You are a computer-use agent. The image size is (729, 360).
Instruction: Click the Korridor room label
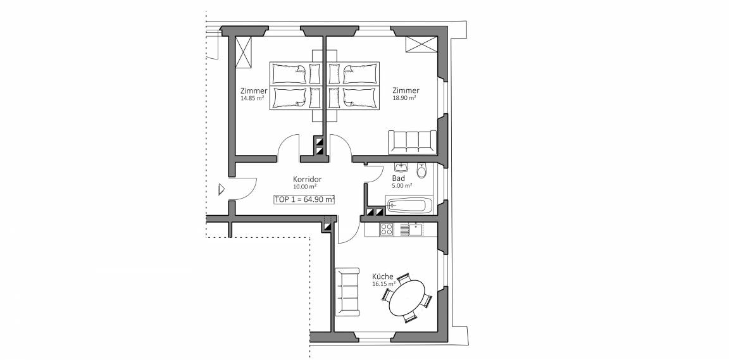tap(308, 179)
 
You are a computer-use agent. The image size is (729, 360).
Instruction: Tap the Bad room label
tap(399, 178)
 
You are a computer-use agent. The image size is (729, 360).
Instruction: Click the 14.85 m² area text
tap(253, 99)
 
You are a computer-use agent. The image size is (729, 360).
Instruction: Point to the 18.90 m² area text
tap(404, 98)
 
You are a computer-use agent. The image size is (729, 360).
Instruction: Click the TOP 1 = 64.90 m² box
tap(304, 199)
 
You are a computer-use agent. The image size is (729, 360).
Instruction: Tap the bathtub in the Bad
tap(409, 206)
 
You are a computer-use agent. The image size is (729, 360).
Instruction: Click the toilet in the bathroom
tap(421, 171)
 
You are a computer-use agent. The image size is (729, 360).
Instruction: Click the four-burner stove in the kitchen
tap(387, 229)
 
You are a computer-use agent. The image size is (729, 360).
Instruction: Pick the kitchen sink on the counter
tap(416, 229)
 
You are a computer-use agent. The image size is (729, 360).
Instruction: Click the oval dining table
tap(408, 297)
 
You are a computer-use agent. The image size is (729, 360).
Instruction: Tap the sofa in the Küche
tap(347, 292)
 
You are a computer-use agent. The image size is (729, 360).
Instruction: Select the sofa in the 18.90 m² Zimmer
tap(413, 142)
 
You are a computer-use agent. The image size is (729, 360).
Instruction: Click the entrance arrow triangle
tap(221, 189)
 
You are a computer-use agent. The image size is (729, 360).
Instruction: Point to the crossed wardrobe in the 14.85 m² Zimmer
tap(243, 52)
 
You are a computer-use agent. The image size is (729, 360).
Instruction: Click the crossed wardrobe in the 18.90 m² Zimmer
tap(421, 44)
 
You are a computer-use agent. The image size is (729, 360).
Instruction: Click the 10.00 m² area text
tap(305, 187)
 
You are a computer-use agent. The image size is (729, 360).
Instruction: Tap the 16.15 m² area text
tap(384, 283)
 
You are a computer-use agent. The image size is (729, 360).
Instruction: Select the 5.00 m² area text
tap(402, 185)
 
